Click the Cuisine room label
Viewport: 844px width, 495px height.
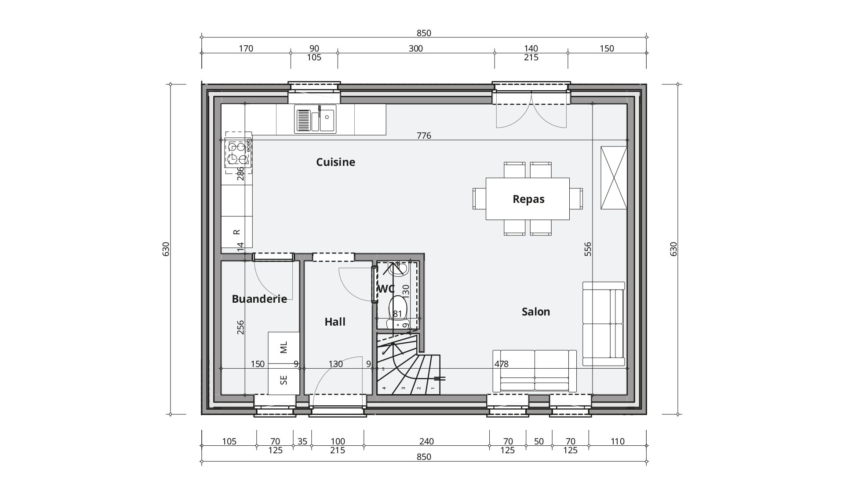[x=335, y=162]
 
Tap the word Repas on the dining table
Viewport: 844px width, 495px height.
[x=528, y=199]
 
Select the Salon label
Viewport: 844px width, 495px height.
[x=536, y=312]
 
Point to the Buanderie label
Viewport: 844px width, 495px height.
[x=259, y=299]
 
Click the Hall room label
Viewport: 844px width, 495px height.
[x=335, y=322]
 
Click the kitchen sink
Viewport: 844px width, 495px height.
[x=315, y=118]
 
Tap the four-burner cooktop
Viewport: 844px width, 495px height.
[x=237, y=152]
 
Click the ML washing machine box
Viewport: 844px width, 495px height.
[x=284, y=348]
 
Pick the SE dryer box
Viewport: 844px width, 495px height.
[x=284, y=379]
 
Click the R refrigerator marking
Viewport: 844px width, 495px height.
[x=236, y=232]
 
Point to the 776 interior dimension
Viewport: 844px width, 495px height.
[x=424, y=136]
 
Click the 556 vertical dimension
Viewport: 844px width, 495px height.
[x=588, y=249]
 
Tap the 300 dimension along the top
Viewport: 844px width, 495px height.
[x=415, y=48]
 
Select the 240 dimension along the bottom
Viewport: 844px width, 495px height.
[x=426, y=441]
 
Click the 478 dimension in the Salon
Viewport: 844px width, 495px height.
[x=502, y=364]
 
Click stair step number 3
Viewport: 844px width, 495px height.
[x=403, y=389]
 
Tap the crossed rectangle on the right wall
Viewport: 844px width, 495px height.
[x=614, y=178]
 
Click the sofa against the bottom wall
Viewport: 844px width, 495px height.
[x=535, y=371]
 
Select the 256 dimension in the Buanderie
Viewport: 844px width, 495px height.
[x=240, y=327]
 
